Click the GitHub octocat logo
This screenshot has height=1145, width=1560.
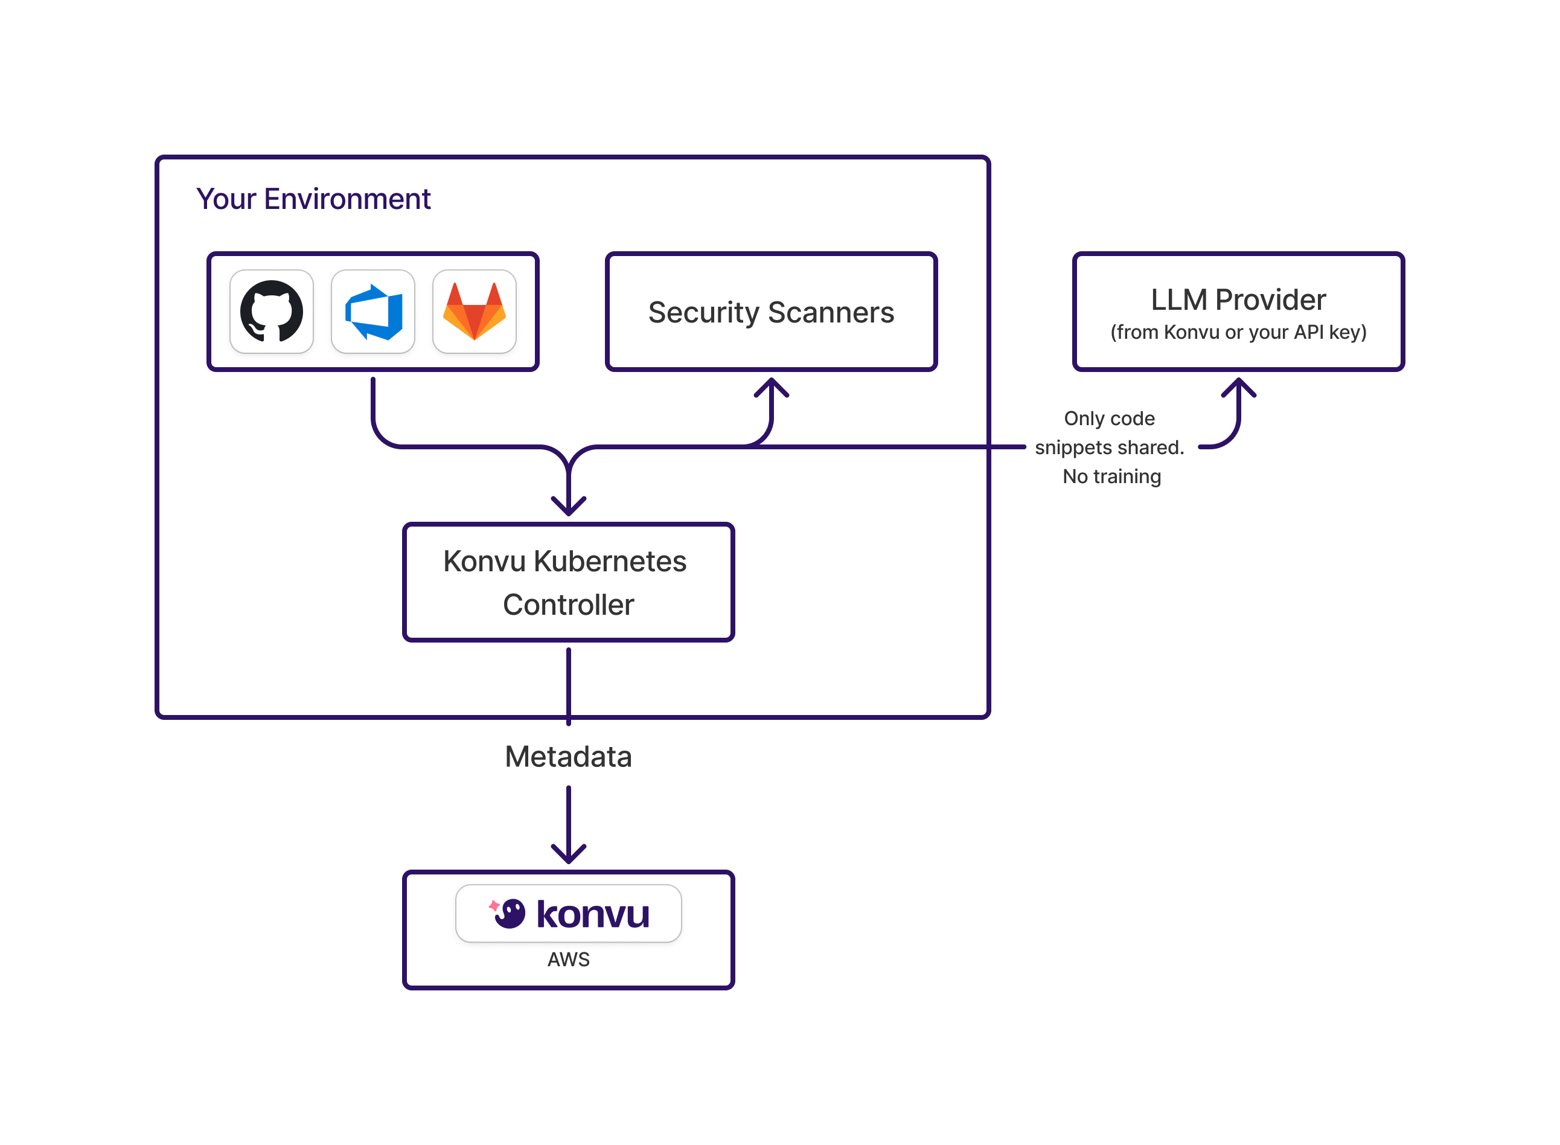click(x=272, y=311)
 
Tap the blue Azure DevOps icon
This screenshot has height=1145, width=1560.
click(x=373, y=312)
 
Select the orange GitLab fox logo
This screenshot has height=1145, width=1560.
click(x=475, y=312)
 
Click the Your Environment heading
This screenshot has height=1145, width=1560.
click(x=313, y=199)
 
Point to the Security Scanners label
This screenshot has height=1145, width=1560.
click(x=771, y=313)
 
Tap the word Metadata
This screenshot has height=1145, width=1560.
click(x=568, y=757)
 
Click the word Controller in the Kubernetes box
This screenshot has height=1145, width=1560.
click(x=568, y=605)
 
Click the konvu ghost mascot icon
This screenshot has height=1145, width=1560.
click(x=511, y=914)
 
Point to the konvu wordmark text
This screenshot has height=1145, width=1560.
click(x=593, y=914)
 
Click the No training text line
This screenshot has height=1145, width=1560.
click(x=1112, y=477)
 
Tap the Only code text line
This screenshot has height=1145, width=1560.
click(x=1109, y=419)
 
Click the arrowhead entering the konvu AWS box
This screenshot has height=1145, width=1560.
click(x=569, y=855)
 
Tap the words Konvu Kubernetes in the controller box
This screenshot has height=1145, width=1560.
click(x=564, y=562)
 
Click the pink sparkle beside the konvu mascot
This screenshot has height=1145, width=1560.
click(x=494, y=906)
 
